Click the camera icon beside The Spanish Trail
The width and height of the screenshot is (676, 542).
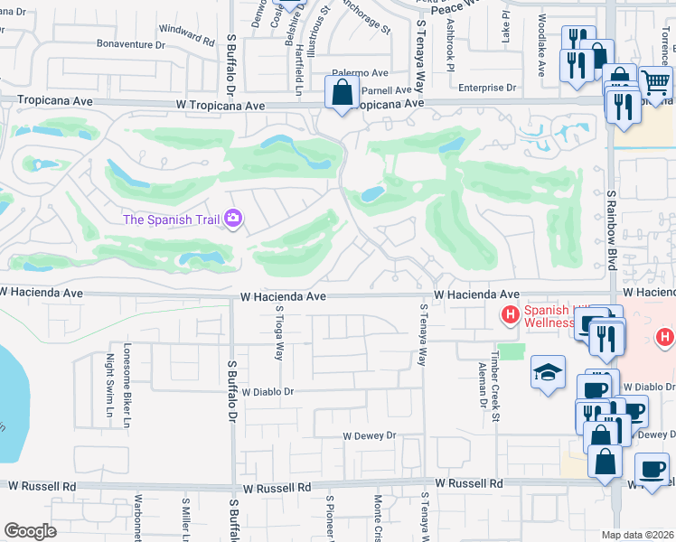pos(234,219)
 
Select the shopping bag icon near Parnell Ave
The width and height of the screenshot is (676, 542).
pos(343,92)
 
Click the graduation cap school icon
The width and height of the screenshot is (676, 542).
pos(548,372)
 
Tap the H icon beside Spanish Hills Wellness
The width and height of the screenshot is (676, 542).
pos(510,314)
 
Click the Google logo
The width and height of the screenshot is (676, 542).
pos(30,531)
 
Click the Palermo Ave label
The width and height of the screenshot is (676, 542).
pos(360,72)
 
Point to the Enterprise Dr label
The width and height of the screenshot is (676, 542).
pos(486,88)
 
